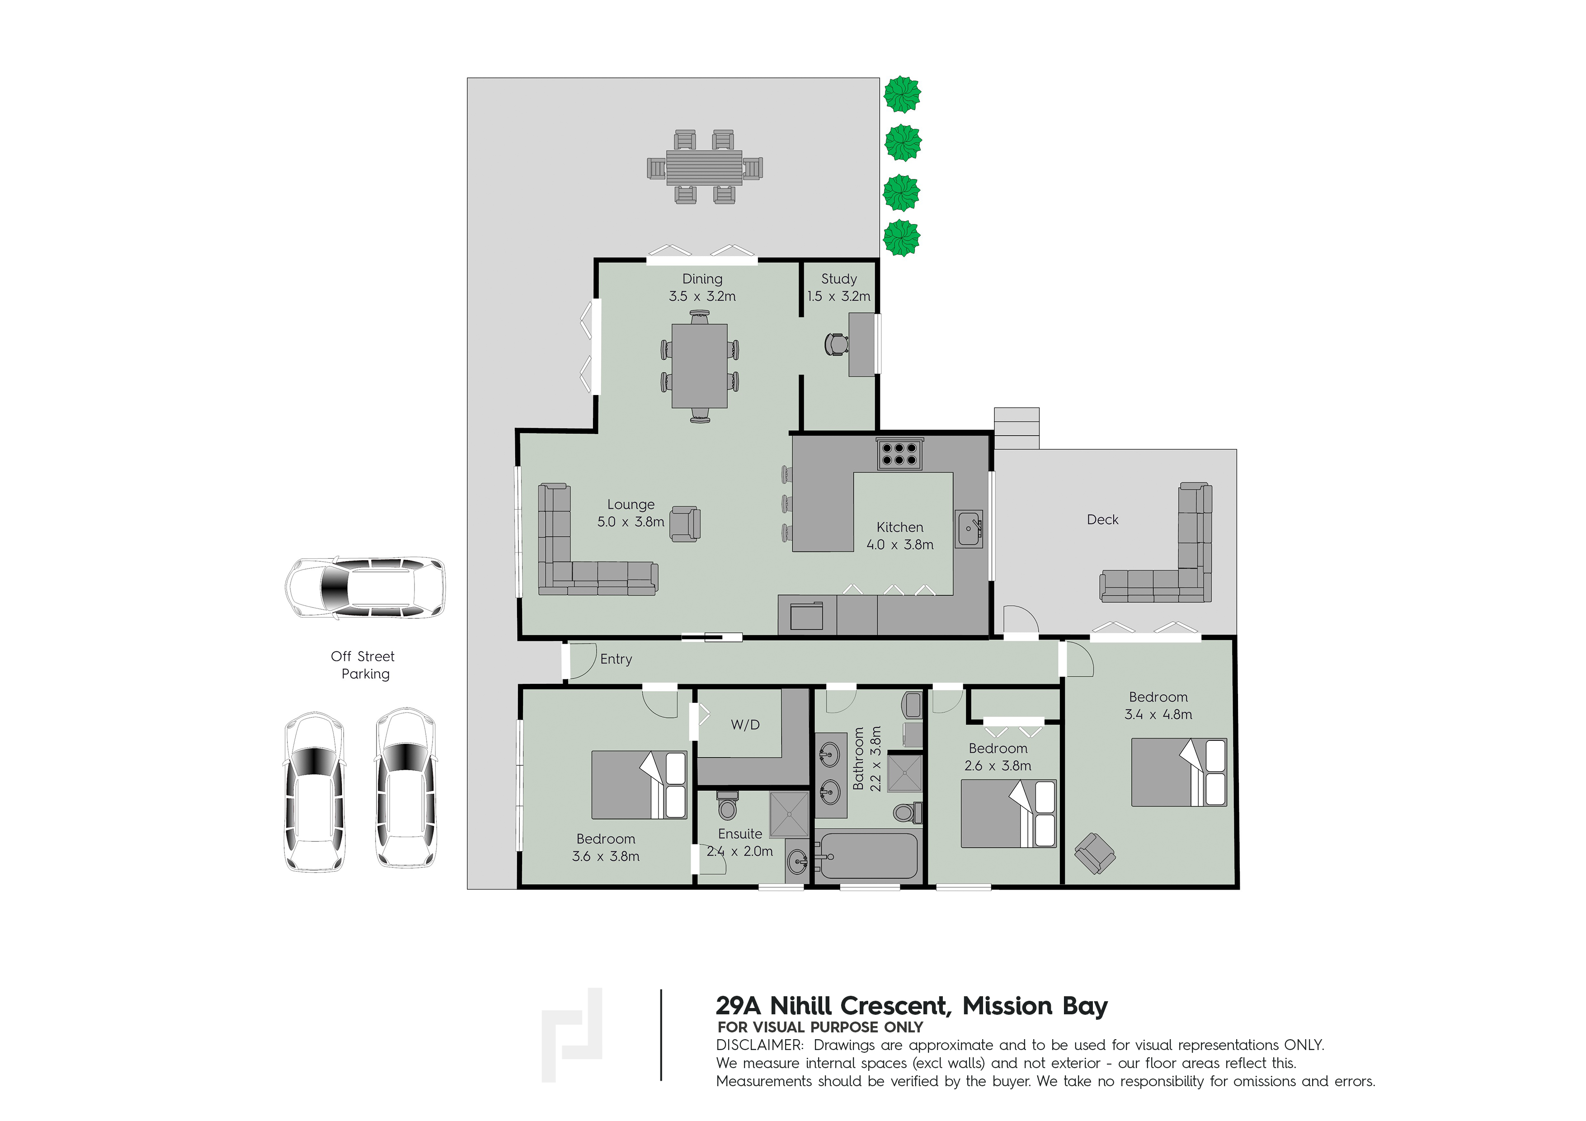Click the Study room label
(x=838, y=279)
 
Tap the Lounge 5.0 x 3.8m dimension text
(x=631, y=522)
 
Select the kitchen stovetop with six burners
(x=899, y=454)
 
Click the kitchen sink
(x=969, y=529)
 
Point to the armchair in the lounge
(x=685, y=524)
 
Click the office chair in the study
(x=836, y=344)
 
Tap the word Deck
(x=1102, y=519)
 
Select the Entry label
(x=616, y=659)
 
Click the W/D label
(x=745, y=725)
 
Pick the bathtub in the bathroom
(x=868, y=857)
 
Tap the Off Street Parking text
(x=363, y=665)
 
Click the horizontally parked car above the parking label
(x=365, y=587)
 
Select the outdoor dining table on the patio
(x=705, y=168)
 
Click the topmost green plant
(x=902, y=94)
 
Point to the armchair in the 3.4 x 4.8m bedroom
(x=1095, y=854)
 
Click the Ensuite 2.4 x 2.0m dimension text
(x=740, y=852)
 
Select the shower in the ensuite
(x=789, y=815)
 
